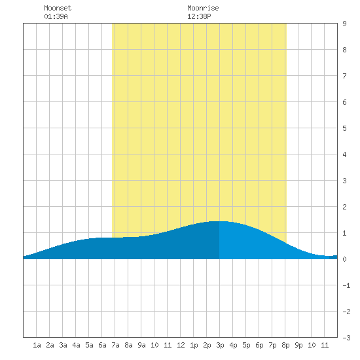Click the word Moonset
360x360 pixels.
coord(58,8)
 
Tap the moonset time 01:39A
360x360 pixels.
coord(56,16)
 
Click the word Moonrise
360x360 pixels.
coord(203,8)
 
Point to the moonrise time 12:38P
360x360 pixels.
coord(199,16)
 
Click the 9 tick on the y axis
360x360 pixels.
coord(344,24)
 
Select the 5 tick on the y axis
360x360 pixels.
coord(344,128)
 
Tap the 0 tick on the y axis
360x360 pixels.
coord(344,259)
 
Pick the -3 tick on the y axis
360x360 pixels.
coord(346,338)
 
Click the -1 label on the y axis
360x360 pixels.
coord(346,285)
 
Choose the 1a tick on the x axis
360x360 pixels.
coord(37,345)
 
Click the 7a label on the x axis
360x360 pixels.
coord(115,345)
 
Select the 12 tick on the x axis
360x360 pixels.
coord(181,345)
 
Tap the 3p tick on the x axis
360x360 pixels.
coord(220,345)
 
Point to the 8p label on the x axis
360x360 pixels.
coord(285,345)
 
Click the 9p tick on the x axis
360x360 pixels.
coord(298,345)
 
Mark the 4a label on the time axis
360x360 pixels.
coord(76,345)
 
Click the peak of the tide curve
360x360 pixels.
coord(219,221)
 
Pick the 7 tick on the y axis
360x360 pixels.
coord(344,76)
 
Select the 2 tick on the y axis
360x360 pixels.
coord(344,207)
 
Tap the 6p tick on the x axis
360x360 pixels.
coord(259,345)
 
